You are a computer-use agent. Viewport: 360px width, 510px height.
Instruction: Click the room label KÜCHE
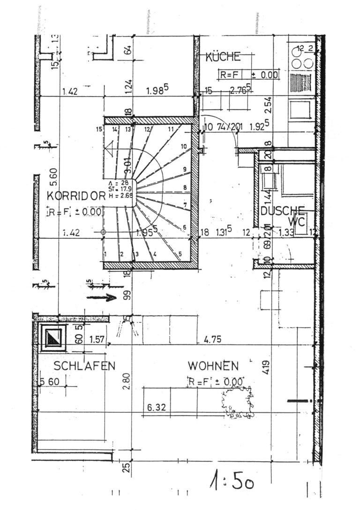(x=223, y=57)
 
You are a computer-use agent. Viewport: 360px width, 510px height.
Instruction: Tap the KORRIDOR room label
(x=75, y=196)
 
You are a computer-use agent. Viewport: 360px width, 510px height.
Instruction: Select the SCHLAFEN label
(x=84, y=366)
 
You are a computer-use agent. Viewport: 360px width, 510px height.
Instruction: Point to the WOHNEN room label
(x=213, y=365)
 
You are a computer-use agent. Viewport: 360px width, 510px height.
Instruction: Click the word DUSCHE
(x=283, y=211)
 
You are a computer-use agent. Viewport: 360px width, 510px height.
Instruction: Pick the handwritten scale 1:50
(x=232, y=481)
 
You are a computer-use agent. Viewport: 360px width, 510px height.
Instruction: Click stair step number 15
(x=98, y=129)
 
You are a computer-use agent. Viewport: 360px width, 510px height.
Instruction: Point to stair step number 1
(x=106, y=254)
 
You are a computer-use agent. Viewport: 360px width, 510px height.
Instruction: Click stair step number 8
(x=185, y=188)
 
